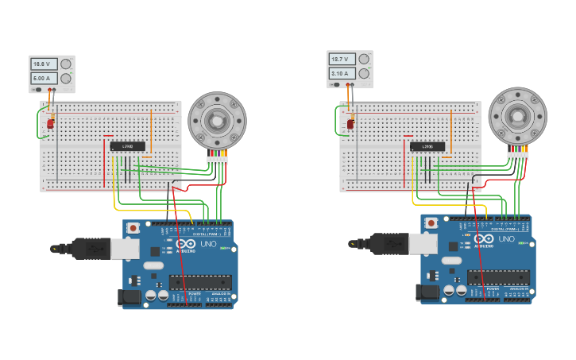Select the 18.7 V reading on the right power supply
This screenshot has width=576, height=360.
pyautogui.click(x=342, y=59)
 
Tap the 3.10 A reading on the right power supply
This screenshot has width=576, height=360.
pyautogui.click(x=342, y=73)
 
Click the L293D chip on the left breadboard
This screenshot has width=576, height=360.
pyautogui.click(x=127, y=146)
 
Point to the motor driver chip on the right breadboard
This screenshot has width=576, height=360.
pyautogui.click(x=427, y=146)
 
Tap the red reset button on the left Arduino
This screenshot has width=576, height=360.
pyautogui.click(x=133, y=228)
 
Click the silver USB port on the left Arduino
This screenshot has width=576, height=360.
pyautogui.click(x=125, y=249)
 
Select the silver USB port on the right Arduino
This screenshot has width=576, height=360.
pyautogui.click(x=423, y=243)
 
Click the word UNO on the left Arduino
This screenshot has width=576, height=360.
pyautogui.click(x=207, y=244)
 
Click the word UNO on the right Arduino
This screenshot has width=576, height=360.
pyautogui.click(x=505, y=239)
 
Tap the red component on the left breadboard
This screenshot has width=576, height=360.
pyautogui.click(x=50, y=123)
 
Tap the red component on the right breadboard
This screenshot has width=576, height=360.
pyautogui.click(x=350, y=123)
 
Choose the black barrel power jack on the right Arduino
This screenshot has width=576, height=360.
pyautogui.click(x=427, y=292)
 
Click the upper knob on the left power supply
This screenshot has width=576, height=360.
pyautogui.click(x=66, y=64)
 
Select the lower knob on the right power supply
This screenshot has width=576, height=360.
pyautogui.click(x=364, y=73)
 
